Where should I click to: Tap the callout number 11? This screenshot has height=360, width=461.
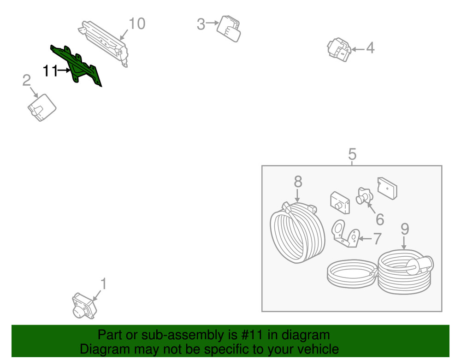pos(50,71)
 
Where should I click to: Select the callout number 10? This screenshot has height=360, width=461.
pos(137,24)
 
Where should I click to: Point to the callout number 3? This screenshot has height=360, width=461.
pos(201,24)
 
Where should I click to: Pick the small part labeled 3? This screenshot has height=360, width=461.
pos(229,29)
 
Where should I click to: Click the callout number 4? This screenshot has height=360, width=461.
pos(370,48)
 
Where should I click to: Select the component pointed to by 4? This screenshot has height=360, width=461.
pos(339,49)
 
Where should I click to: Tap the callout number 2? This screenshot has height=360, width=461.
pos(26,80)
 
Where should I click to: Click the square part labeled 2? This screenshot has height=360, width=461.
pos(42,107)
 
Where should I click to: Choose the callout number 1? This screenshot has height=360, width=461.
pos(103,284)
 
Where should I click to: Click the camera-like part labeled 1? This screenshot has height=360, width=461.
pos(84,305)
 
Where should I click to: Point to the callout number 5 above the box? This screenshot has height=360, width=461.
pos(352,154)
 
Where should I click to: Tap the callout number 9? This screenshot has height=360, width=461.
pos(405,229)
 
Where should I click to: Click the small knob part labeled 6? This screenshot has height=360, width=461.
pos(364,196)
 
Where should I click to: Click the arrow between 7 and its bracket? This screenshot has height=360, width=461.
pos(366,239)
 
